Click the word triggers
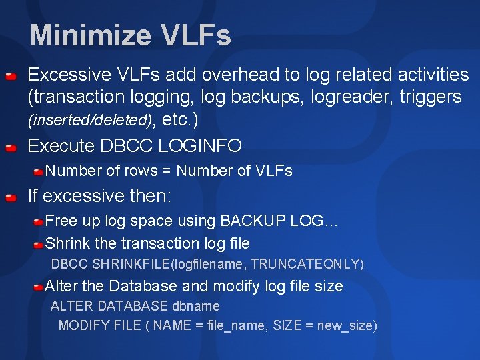pyautogui.click(x=430, y=97)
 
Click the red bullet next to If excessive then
pyautogui.click(x=11, y=198)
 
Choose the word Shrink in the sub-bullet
pyautogui.click(x=67, y=243)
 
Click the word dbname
pyautogui.click(x=196, y=307)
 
